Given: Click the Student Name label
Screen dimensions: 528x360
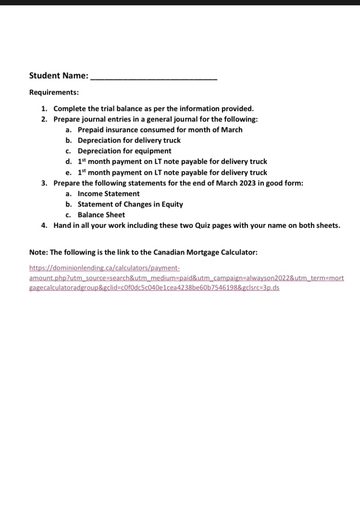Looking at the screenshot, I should (58, 76).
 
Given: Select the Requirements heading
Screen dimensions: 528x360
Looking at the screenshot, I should (54, 92).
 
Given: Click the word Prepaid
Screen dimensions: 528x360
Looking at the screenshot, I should (91, 130).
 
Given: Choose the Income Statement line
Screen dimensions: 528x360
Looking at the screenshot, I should (109, 194).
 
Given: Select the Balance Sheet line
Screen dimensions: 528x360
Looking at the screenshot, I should (101, 215).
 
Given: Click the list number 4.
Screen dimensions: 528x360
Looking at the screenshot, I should (44, 225).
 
